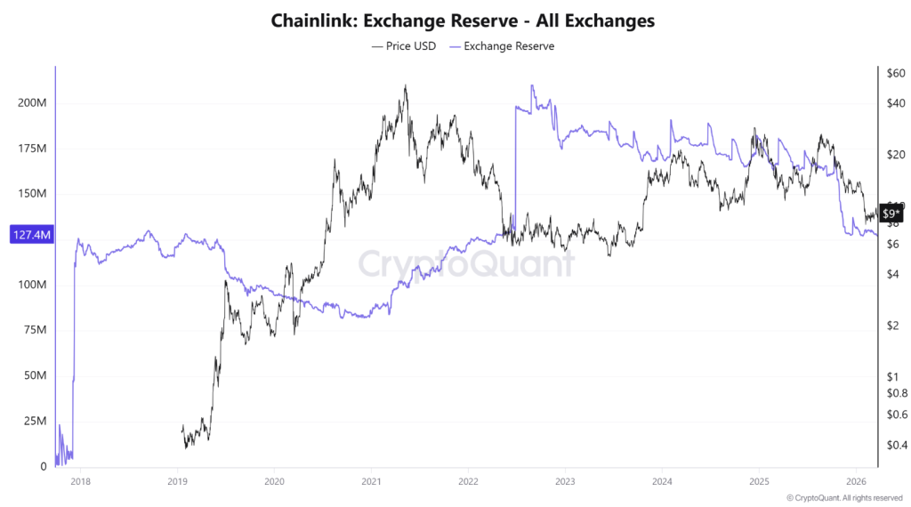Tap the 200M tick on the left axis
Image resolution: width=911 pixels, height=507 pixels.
pos(33,103)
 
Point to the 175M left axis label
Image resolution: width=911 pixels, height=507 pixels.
pos(33,149)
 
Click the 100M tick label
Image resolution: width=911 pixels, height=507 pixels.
pos(33,285)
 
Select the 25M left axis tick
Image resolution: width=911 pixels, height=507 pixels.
pos(36,421)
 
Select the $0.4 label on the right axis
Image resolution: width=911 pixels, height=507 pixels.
pos(896,445)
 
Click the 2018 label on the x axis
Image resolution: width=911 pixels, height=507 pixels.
pos(80,481)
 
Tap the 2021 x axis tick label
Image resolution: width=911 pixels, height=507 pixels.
pos(371,481)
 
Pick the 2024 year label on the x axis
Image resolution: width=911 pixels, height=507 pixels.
pos(661,481)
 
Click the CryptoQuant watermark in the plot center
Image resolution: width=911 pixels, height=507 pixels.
pos(466,264)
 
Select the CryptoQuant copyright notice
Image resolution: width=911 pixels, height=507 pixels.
pos(845,497)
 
